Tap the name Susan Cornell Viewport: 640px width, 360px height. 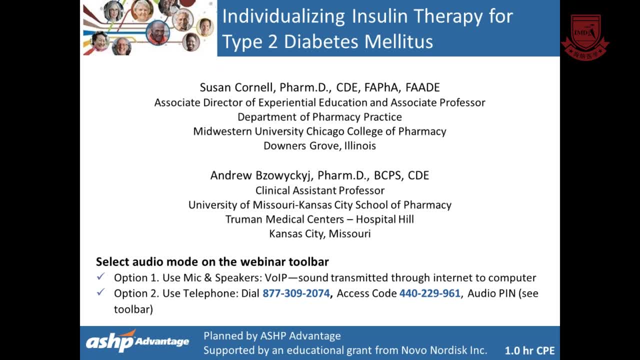tap(237, 87)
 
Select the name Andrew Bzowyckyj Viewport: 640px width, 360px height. tap(260, 175)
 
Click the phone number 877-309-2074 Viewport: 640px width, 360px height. tap(296, 293)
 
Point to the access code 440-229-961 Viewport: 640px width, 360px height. tap(429, 293)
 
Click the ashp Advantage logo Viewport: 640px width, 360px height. tap(137, 341)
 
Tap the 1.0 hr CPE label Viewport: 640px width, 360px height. tap(529, 350)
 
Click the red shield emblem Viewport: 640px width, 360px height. tap(585, 37)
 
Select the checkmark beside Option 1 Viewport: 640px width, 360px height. tap(100, 276)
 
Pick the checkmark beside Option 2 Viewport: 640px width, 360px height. tap(100, 292)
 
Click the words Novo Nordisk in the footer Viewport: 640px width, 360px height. tap(434, 350)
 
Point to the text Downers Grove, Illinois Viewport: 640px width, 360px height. tap(319, 146)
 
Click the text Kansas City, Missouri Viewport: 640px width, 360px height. tap(320, 234)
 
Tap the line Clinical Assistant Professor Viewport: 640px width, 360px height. tap(320, 190)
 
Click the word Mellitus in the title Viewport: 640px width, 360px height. tap(398, 41)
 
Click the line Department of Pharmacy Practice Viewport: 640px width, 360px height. tap(319, 117)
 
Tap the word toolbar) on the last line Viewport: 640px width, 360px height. tap(133, 309)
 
